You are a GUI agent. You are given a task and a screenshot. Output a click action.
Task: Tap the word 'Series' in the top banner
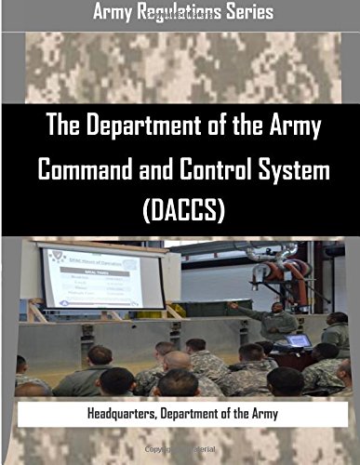point(249,13)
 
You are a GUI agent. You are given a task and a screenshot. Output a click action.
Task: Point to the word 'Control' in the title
point(209,170)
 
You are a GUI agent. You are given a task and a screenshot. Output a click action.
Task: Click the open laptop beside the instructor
point(299,340)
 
